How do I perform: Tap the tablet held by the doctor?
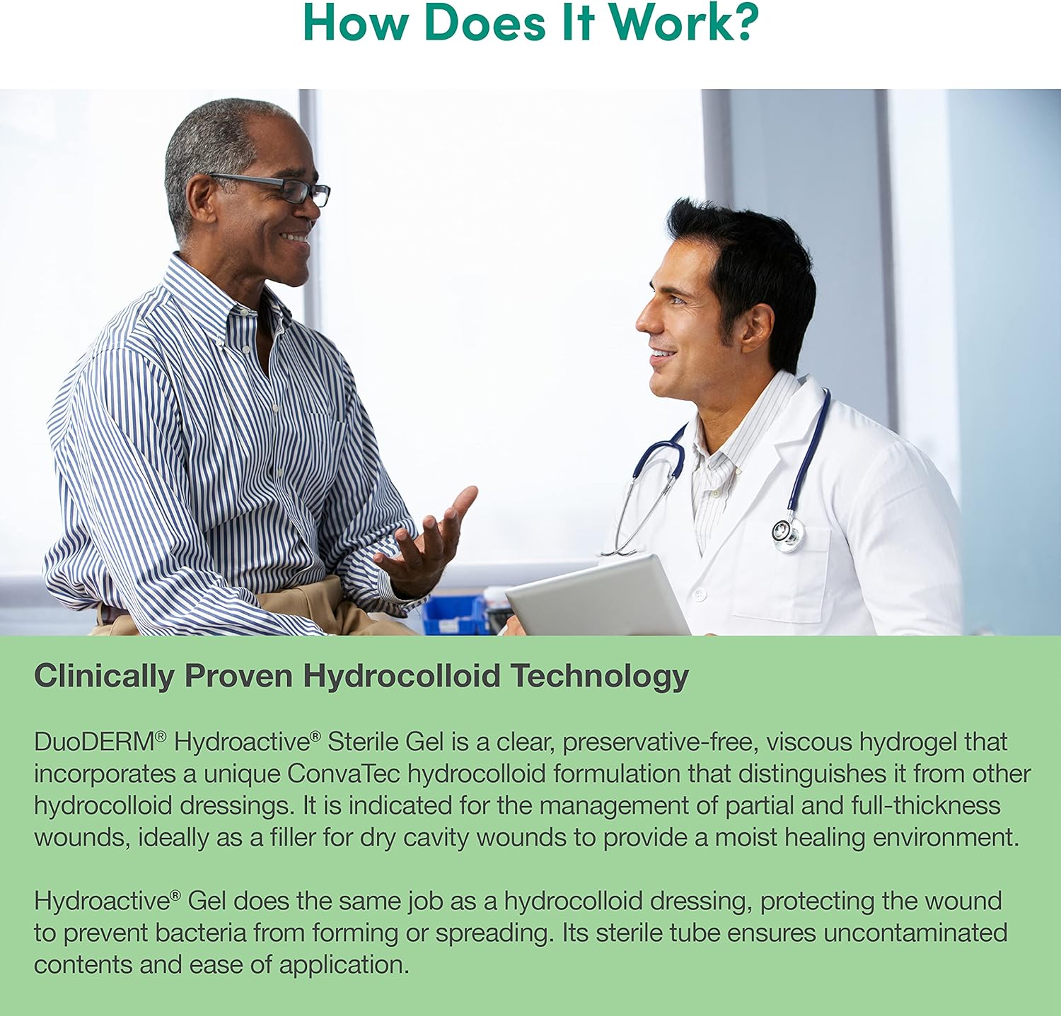coord(598,595)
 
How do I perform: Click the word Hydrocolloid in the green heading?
coord(402,676)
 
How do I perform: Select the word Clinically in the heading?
coord(104,676)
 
